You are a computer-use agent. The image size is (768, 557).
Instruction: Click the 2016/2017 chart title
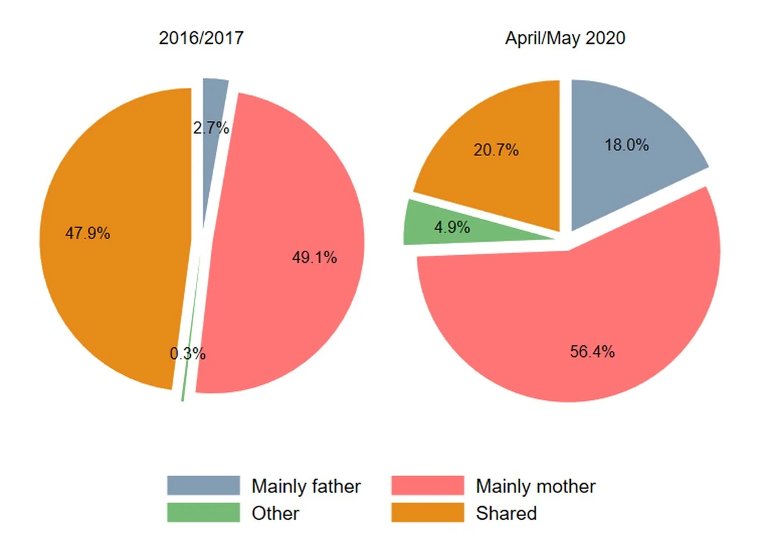[x=201, y=38]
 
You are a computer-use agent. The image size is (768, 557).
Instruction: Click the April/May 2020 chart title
[x=564, y=38]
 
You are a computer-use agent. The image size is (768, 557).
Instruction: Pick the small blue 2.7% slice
[x=213, y=102]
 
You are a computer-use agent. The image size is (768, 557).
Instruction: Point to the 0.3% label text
[x=188, y=353]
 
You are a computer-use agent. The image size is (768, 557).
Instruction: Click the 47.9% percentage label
[x=88, y=233]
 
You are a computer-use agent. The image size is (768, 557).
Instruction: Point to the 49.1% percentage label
[x=314, y=258]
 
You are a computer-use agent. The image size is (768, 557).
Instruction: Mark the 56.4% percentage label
[x=593, y=351]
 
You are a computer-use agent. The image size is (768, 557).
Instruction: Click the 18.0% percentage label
[x=627, y=145]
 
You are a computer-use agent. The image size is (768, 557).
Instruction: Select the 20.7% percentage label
[x=496, y=151]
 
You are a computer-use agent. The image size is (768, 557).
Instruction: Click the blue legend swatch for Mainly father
[x=204, y=486]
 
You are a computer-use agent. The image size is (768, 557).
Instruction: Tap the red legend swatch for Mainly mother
[x=428, y=486]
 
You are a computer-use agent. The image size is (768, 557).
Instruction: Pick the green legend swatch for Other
[x=204, y=513]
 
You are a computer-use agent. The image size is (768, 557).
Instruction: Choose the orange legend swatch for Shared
[x=428, y=513]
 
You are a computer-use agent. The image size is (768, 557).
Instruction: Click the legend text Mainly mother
[x=536, y=486]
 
